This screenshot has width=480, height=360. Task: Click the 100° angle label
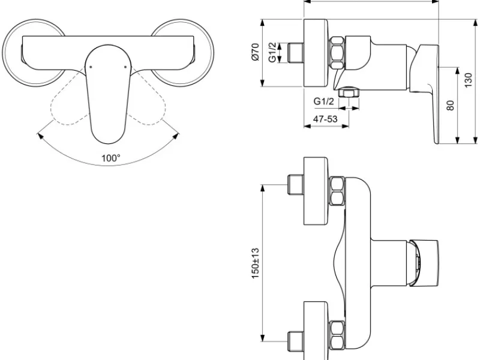click(x=111, y=158)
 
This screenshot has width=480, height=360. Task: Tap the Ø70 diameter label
click(x=256, y=52)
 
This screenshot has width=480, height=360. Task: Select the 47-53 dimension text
click(x=325, y=119)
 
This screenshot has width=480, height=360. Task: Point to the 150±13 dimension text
click(x=256, y=263)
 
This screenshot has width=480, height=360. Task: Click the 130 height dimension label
click(x=469, y=80)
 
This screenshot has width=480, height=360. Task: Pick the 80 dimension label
click(x=451, y=106)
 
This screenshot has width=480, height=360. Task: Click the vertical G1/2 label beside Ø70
click(x=272, y=52)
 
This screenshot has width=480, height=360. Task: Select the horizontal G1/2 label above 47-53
click(x=324, y=101)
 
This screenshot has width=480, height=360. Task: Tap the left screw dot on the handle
click(x=91, y=67)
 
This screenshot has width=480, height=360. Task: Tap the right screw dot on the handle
click(x=125, y=67)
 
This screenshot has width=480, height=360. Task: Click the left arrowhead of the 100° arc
click(x=40, y=136)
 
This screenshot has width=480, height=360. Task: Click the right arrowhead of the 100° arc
click(x=176, y=136)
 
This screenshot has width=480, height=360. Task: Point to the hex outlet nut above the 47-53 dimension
click(x=349, y=92)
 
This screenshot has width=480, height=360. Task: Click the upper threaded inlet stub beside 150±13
click(x=295, y=185)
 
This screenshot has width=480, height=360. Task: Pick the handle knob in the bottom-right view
click(x=424, y=263)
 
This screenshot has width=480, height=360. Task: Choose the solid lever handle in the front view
click(x=108, y=94)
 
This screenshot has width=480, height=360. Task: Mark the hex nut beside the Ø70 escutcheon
click(x=337, y=53)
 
